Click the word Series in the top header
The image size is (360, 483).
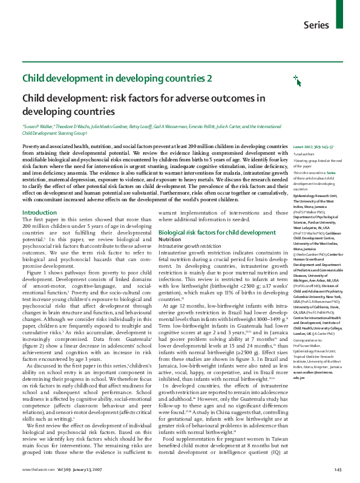tap(316, 25)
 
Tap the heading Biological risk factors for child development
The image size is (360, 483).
tap(217, 233)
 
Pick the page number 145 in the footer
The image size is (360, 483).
tap(338, 470)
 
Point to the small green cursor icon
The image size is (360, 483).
tap(280, 79)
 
